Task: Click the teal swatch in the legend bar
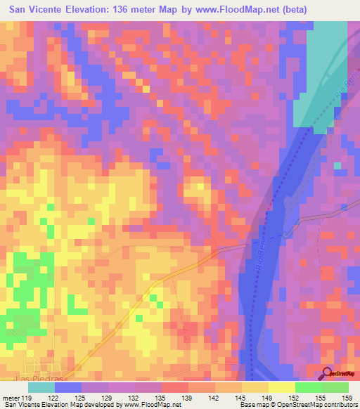tap(41, 387)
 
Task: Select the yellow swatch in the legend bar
tap(281, 387)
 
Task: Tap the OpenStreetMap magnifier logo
tap(328, 374)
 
